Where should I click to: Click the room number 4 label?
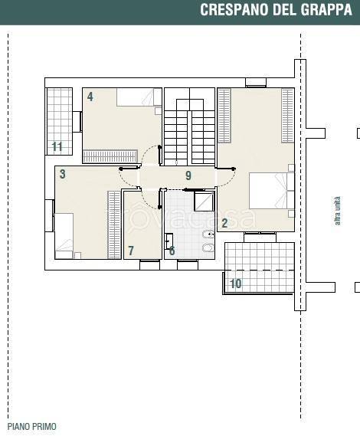90,97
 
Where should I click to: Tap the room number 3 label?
63,174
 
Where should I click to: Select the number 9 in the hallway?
188,175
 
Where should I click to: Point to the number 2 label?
224,223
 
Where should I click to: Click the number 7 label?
131,251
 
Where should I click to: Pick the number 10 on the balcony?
235,284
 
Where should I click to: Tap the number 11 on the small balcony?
57,146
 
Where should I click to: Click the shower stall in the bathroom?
204,201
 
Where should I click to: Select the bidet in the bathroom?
208,235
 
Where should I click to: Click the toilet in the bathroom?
208,248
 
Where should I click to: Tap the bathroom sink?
169,241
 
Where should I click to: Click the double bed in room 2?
272,191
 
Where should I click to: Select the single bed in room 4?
139,97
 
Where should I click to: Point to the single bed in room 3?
64,236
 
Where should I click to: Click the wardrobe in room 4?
110,156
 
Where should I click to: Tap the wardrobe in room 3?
114,225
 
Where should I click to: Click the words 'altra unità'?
337,211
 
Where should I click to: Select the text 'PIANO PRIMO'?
31,427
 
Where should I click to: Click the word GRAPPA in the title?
326,10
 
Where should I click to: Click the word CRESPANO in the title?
235,10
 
